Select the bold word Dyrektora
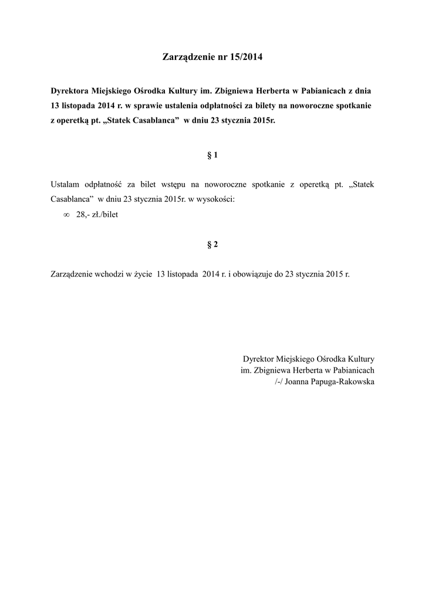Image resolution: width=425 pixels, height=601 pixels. [70, 92]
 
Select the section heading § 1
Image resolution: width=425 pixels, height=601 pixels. [212, 156]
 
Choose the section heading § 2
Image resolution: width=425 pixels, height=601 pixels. [212, 245]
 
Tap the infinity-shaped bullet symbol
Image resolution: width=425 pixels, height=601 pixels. [66, 215]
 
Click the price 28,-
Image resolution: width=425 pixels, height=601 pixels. [82, 215]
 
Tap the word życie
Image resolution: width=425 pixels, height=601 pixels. [140, 274]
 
